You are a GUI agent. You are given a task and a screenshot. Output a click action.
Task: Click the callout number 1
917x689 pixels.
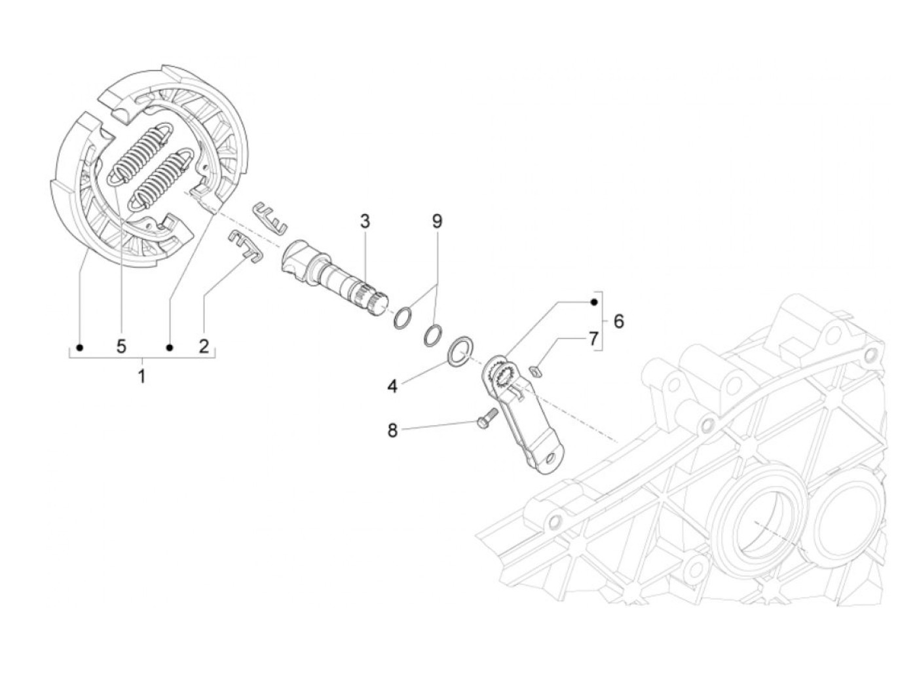pos(141,377)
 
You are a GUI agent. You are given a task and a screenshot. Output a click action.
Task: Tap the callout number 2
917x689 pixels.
pos(204,346)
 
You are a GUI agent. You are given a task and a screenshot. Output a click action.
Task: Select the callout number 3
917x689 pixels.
pos(364,221)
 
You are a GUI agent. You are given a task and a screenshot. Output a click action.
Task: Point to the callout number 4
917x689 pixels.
pos(392,386)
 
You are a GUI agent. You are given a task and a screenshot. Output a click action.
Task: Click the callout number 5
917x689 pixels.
pos(122,346)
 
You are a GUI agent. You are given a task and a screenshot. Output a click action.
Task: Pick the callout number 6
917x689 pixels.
pos(618,321)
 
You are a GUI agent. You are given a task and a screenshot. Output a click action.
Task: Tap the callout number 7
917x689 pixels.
pos(593,339)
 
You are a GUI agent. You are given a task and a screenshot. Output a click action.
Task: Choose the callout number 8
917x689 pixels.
pos(392,430)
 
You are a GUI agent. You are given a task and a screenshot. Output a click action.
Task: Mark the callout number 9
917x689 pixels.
pos(437,221)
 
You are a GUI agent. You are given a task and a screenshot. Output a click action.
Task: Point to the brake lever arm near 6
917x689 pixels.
pos(524,419)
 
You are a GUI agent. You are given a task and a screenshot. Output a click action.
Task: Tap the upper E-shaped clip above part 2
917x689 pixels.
pos(270,217)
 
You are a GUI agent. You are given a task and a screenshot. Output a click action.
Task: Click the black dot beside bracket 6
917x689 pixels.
pos(593,302)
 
